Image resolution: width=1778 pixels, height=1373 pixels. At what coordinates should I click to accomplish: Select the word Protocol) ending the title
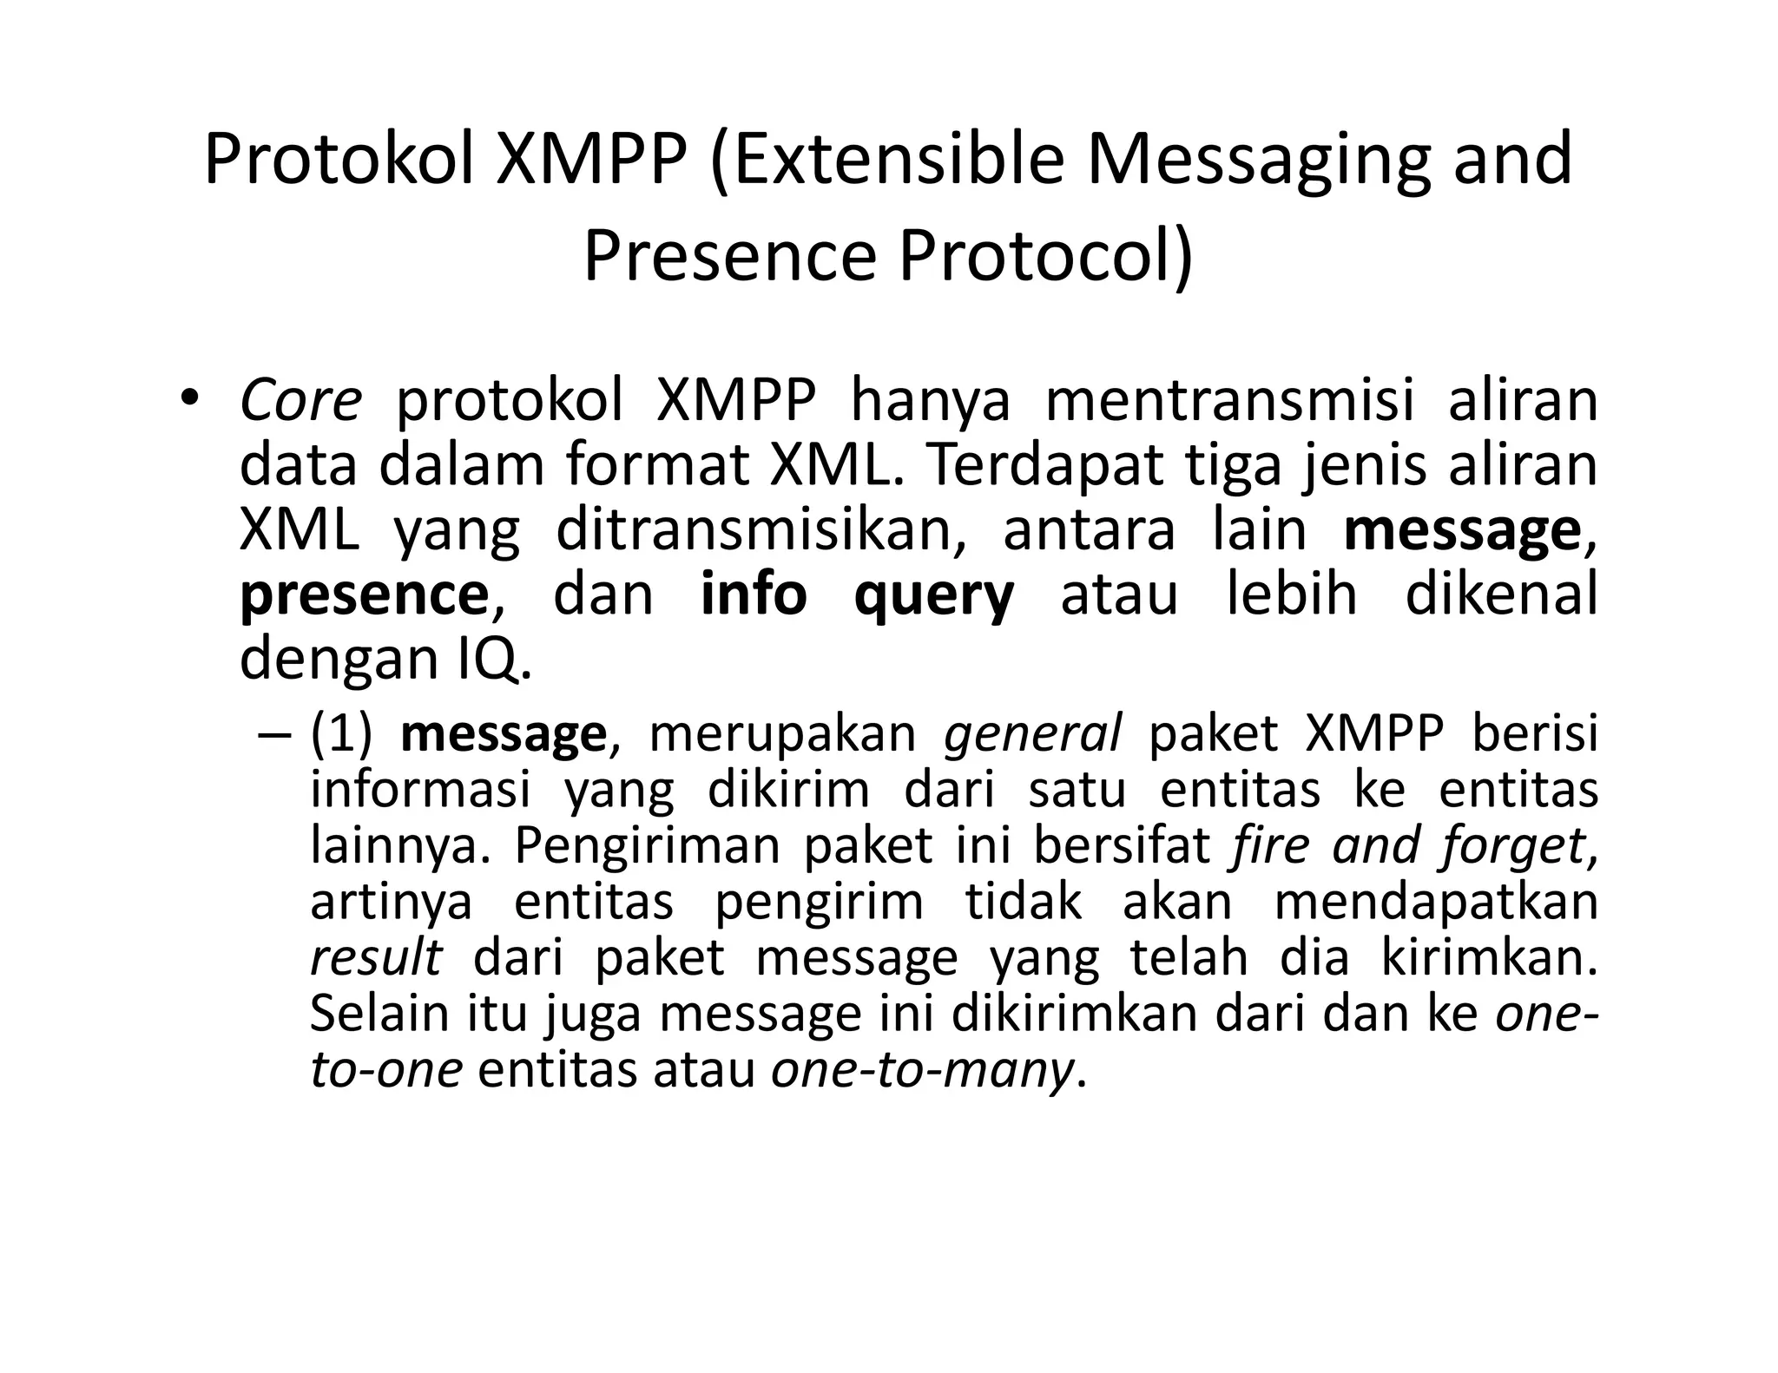pos(1045,257)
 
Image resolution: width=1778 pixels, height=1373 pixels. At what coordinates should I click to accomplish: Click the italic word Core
pos(300,402)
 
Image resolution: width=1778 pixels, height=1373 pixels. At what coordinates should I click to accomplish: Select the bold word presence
pos(365,595)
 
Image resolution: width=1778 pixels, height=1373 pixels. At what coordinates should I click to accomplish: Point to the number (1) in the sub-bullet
pos(341,734)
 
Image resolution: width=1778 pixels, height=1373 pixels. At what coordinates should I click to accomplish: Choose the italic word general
pos(1032,734)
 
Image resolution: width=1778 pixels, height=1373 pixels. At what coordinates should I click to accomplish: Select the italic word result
pos(376,957)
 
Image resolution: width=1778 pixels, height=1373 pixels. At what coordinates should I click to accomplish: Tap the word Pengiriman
pos(648,846)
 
